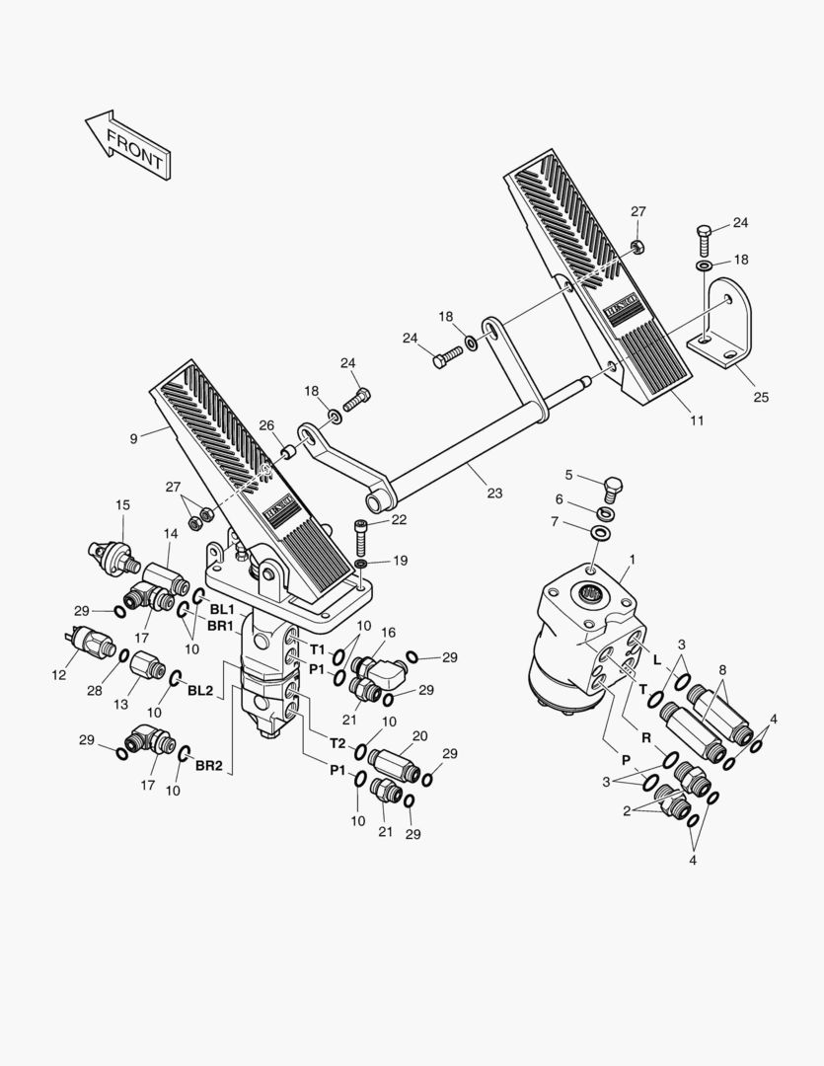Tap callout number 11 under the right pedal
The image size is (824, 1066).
697,420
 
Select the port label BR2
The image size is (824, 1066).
207,765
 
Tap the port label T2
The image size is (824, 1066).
337,743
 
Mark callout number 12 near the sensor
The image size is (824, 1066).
58,674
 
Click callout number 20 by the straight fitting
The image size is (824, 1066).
419,736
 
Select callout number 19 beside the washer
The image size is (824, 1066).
400,560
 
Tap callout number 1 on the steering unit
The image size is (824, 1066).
633,559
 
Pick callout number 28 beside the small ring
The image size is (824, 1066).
94,690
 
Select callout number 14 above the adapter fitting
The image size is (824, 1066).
170,534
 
